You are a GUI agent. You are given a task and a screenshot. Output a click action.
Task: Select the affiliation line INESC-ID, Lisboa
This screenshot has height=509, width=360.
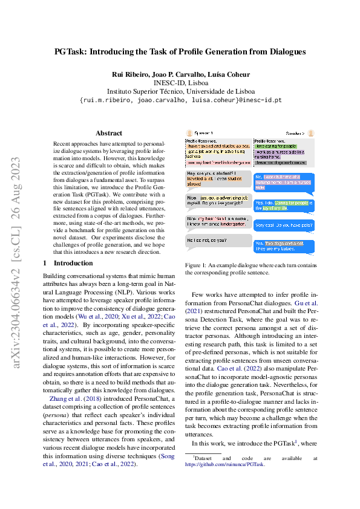(180, 83)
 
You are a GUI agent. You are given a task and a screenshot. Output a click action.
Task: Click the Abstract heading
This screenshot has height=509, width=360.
(109, 133)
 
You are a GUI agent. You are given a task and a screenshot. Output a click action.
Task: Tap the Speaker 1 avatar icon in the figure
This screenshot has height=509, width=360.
(189, 132)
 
